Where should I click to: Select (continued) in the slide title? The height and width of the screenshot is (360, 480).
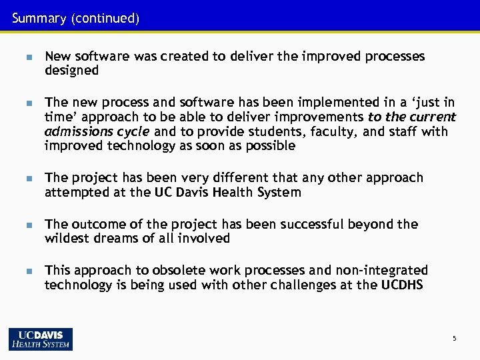point(103,19)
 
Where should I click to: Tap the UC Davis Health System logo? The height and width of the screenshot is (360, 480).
point(41,339)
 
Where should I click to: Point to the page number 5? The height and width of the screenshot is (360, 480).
point(454,339)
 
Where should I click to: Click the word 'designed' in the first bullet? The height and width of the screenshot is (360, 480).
point(71,70)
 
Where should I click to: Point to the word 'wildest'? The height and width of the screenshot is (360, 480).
point(67,238)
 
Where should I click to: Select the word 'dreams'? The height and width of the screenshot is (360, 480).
point(121,238)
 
